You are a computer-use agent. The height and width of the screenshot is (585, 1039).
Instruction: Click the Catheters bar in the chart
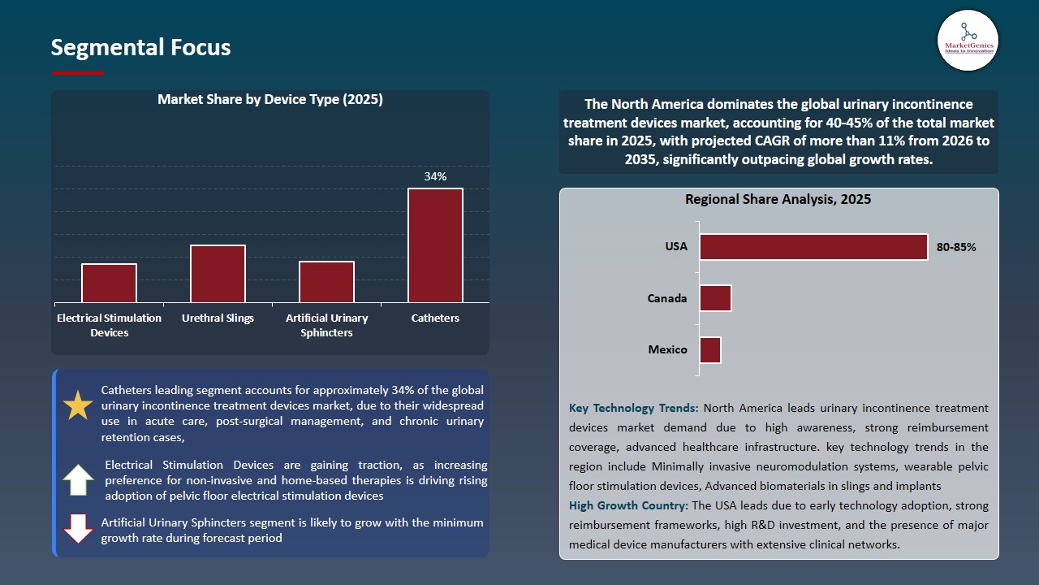[435, 245]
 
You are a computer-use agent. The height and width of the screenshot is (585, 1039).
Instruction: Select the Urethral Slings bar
[218, 274]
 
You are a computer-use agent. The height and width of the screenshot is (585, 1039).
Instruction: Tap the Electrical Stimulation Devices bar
[109, 283]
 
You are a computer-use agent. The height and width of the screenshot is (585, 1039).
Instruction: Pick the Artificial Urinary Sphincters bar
[326, 282]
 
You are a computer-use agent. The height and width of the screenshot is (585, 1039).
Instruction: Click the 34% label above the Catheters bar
[435, 176]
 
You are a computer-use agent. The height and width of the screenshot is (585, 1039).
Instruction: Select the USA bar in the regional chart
[813, 247]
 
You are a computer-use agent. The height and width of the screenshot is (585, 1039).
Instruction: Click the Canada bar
[715, 298]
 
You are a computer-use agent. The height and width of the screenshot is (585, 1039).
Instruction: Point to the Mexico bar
[710, 350]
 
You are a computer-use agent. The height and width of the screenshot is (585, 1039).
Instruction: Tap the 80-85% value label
[956, 247]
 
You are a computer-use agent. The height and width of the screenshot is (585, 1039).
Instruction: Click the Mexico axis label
[667, 350]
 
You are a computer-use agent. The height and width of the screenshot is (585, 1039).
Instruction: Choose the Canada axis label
[667, 298]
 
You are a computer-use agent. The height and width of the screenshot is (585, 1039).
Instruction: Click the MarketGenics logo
[968, 41]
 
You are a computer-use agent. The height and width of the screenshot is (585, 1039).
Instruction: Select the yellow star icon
[78, 405]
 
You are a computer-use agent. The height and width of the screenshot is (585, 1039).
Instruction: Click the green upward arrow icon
[79, 479]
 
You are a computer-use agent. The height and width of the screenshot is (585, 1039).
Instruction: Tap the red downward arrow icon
[79, 529]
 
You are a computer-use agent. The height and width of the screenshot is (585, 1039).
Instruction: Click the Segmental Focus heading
[140, 47]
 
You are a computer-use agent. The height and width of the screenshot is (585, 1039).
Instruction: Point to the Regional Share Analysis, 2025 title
[778, 199]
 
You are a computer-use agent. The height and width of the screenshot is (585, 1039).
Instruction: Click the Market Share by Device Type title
[269, 100]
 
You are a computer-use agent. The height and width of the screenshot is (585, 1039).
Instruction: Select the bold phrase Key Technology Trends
[633, 408]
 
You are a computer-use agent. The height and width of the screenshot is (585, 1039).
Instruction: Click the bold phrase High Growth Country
[628, 505]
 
